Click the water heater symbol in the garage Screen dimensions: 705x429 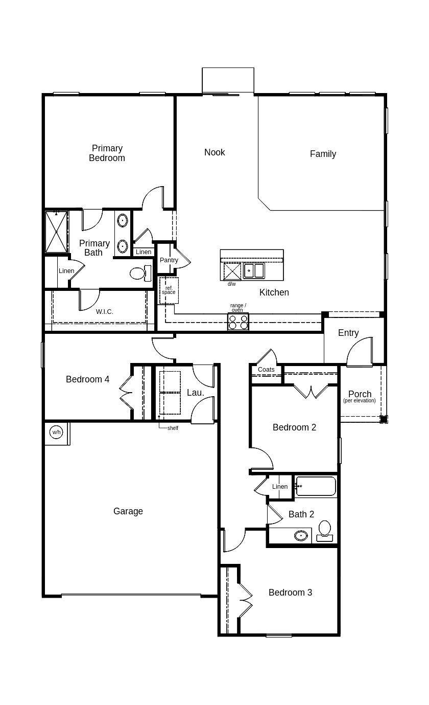(x=56, y=432)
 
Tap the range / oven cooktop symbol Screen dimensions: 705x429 (x=238, y=322)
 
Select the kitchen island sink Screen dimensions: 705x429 (x=254, y=270)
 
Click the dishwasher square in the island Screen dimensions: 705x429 (x=232, y=271)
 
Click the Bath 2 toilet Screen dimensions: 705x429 (x=325, y=530)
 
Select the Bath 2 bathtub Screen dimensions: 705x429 (x=316, y=486)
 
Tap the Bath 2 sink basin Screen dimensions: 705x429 (x=301, y=536)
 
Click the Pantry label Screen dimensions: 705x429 (x=169, y=260)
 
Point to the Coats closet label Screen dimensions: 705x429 (x=266, y=370)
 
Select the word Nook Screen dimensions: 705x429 (x=214, y=152)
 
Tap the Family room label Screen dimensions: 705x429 (x=323, y=154)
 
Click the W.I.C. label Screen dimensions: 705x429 (x=105, y=311)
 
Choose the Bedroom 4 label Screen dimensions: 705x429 (x=87, y=379)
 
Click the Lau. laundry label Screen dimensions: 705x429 (x=195, y=393)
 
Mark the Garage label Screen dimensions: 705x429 (x=128, y=511)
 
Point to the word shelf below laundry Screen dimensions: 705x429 (x=173, y=428)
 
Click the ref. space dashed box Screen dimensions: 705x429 (x=169, y=290)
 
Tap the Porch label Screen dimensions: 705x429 (x=360, y=394)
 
